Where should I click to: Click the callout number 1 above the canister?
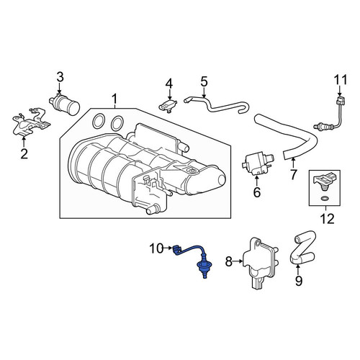115,99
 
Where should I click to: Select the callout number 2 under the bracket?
24,153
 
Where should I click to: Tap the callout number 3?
60,77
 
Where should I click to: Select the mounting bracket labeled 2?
30,122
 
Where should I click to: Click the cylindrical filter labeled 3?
64,104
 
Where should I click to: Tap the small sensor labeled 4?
168,107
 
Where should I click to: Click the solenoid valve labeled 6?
258,164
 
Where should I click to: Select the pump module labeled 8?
261,263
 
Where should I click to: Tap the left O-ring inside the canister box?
99,122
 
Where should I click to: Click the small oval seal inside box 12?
325,198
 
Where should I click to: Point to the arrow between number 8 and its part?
238,261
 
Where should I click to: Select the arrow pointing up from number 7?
293,163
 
